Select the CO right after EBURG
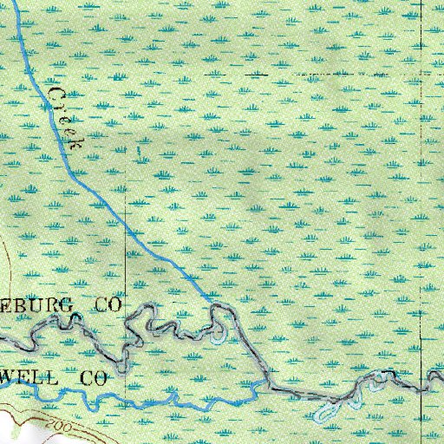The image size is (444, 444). point(108,304)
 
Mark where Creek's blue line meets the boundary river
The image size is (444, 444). point(211,300)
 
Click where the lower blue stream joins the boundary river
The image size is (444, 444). point(262,381)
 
